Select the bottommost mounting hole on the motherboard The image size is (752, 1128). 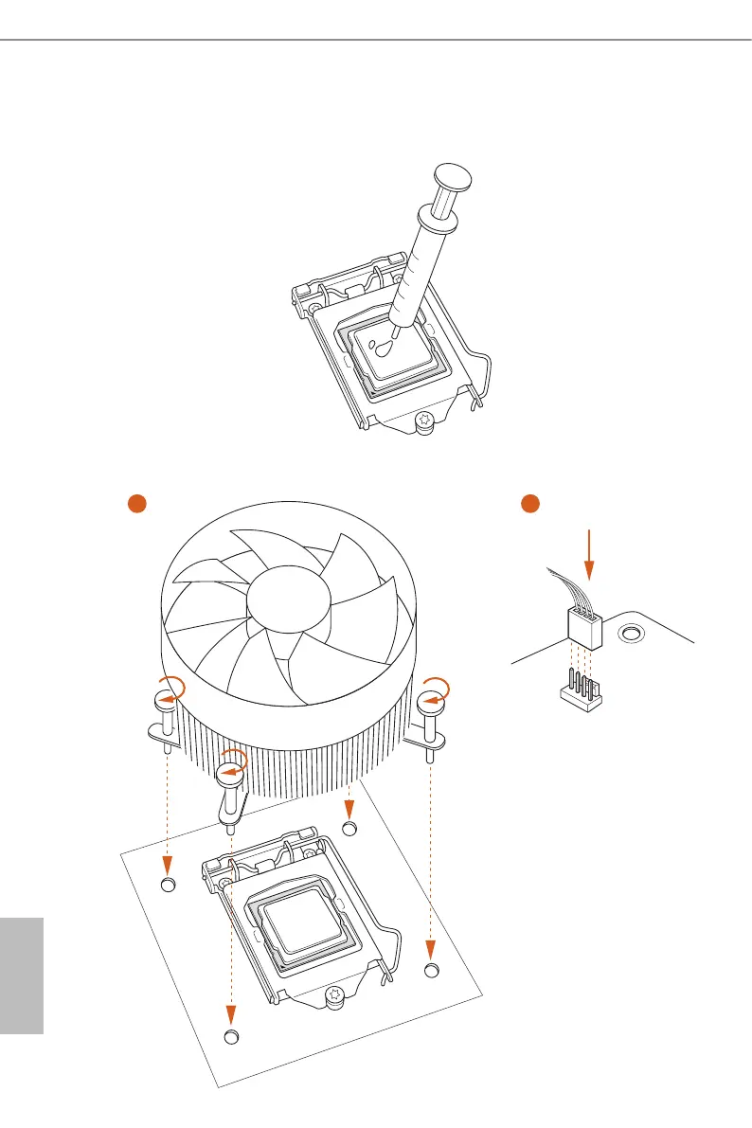point(231,1037)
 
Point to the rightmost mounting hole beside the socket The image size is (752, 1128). point(432,971)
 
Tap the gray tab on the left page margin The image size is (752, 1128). point(22,975)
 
